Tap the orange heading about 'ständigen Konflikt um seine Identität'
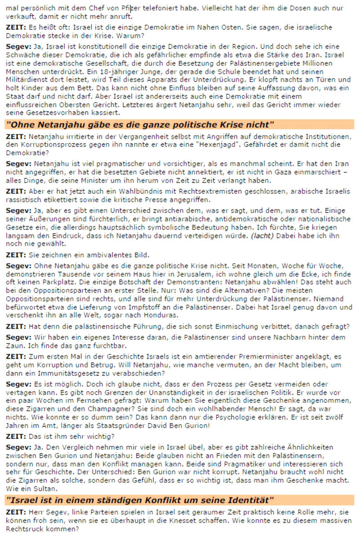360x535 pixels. pos(140,500)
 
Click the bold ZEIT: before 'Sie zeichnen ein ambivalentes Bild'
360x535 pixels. pos(16,254)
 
